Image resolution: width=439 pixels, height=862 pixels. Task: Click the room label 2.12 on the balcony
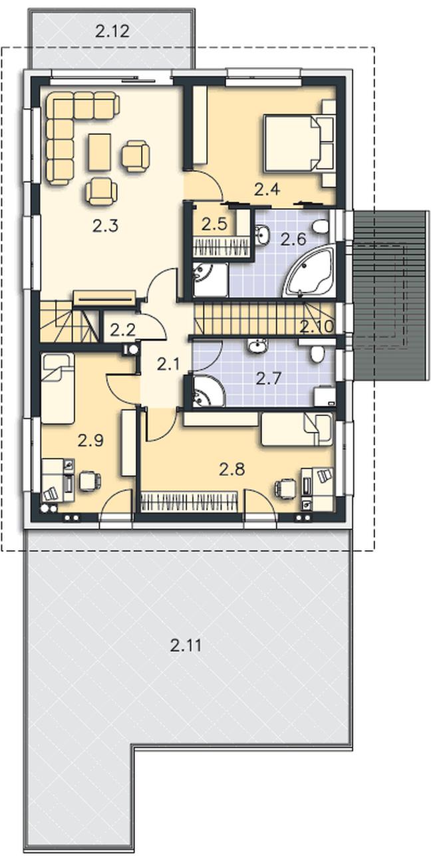tap(112, 31)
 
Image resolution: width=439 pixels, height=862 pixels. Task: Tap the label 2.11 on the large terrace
tap(186, 645)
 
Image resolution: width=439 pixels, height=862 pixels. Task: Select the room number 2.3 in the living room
tap(105, 226)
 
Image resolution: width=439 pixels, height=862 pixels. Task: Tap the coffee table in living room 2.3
tap(100, 152)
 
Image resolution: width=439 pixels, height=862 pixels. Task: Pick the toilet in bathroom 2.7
tap(317, 354)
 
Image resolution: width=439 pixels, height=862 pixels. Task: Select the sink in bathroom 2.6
tap(262, 235)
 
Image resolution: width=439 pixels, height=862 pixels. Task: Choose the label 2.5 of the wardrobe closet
tap(214, 224)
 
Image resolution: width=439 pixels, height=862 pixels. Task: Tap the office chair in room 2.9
tap(90, 481)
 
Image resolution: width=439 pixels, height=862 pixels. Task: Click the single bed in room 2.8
tap(297, 429)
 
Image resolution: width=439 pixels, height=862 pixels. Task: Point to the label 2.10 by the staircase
tap(317, 327)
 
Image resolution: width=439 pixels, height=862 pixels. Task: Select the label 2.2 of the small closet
tap(123, 330)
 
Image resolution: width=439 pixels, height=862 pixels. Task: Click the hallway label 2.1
tap(168, 364)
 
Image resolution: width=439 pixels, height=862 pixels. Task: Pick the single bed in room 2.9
tap(58, 389)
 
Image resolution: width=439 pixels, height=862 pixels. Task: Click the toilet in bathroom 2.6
tap(321, 227)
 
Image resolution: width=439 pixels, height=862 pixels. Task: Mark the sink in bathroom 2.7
tap(257, 346)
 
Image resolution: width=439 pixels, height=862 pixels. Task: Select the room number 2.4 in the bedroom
tap(267, 189)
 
